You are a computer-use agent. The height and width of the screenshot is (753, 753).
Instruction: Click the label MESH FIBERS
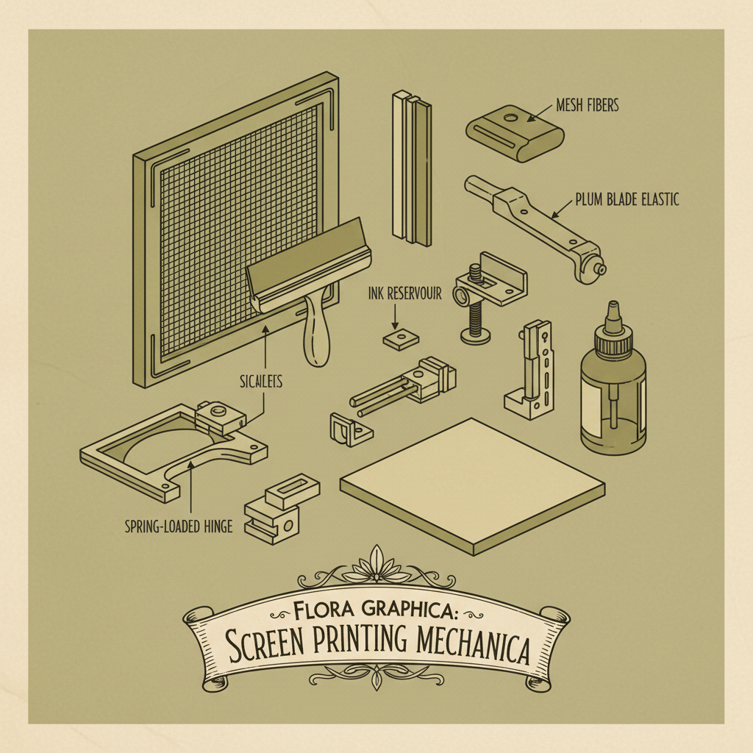[x=587, y=105]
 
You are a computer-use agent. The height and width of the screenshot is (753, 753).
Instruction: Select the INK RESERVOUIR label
[x=404, y=293]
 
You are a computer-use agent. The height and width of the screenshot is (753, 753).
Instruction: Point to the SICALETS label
[x=263, y=381]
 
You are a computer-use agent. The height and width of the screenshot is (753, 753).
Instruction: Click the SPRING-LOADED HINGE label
[x=179, y=526]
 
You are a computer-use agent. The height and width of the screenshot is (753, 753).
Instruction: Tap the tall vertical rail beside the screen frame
[x=410, y=168]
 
